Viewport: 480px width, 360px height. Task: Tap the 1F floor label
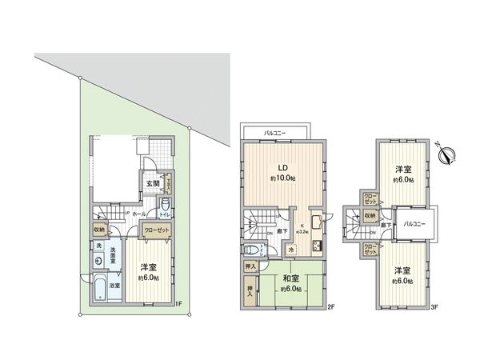click(x=180, y=303)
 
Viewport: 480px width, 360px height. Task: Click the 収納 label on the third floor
click(x=369, y=215)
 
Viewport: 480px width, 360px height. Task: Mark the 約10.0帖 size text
click(x=282, y=178)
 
